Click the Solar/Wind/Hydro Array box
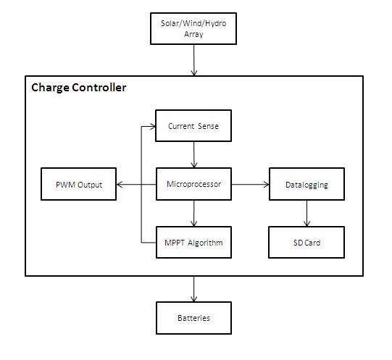click(193, 28)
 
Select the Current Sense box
click(193, 126)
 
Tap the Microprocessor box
click(193, 184)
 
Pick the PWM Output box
click(78, 184)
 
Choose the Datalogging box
click(306, 184)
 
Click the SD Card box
click(306, 242)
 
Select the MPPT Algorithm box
click(193, 242)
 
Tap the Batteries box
click(193, 318)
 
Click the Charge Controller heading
click(79, 88)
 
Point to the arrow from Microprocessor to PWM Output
click(136, 185)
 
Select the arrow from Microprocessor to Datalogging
click(250, 185)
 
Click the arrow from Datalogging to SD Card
click(306, 213)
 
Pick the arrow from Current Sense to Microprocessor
click(194, 154)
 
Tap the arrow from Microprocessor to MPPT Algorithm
click(194, 213)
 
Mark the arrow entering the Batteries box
click(194, 289)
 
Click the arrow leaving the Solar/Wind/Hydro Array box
click(194, 60)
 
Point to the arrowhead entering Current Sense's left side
click(153, 127)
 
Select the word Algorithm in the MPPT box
click(205, 243)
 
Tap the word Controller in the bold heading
click(99, 88)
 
